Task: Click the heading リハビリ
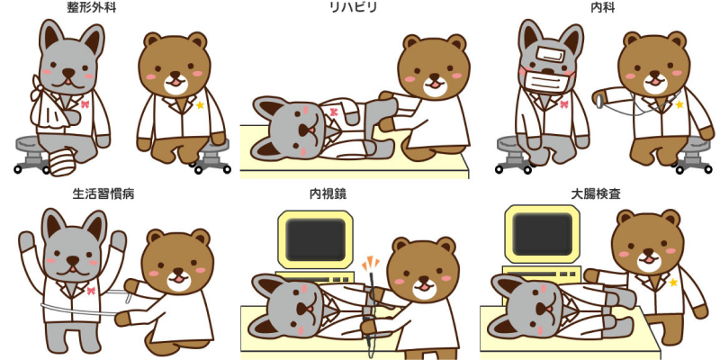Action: pyautogui.click(x=352, y=8)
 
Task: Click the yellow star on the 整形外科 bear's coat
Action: pyautogui.click(x=199, y=106)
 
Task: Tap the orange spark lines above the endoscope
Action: pyautogui.click(x=370, y=262)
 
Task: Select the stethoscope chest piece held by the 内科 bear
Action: pyautogui.click(x=598, y=101)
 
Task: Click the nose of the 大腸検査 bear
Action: pyautogui.click(x=645, y=256)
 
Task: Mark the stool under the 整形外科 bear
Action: pyautogui.click(x=212, y=157)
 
